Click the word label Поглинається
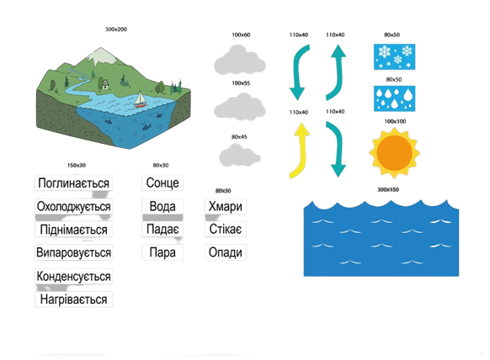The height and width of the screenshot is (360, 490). pyautogui.click(x=73, y=183)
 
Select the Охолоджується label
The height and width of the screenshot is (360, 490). pyautogui.click(x=73, y=206)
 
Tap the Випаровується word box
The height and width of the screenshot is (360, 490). pyautogui.click(x=73, y=252)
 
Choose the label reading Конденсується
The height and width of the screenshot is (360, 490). pyautogui.click(x=73, y=276)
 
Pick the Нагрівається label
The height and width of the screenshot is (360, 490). pyautogui.click(x=73, y=299)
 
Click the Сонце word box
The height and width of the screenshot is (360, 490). pyautogui.click(x=162, y=183)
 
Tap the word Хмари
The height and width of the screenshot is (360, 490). pyautogui.click(x=226, y=206)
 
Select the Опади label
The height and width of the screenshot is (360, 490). pyautogui.click(x=226, y=252)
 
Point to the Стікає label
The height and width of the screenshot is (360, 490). pyautogui.click(x=226, y=229)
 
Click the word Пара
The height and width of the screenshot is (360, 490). pyautogui.click(x=162, y=252)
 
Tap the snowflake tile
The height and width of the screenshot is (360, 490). pyautogui.click(x=394, y=56)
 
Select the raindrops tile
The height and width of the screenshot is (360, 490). pyautogui.click(x=394, y=98)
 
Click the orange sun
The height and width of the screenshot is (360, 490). pyautogui.click(x=394, y=153)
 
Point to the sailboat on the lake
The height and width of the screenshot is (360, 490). pyautogui.click(x=141, y=99)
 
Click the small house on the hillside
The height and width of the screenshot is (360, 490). pyautogui.click(x=105, y=85)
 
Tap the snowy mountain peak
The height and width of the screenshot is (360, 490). pyautogui.click(x=101, y=56)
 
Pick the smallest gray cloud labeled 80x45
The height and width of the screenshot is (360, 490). pyautogui.click(x=240, y=155)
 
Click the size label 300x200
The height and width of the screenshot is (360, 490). pyautogui.click(x=116, y=29)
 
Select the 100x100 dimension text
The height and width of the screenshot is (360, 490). pyautogui.click(x=395, y=121)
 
